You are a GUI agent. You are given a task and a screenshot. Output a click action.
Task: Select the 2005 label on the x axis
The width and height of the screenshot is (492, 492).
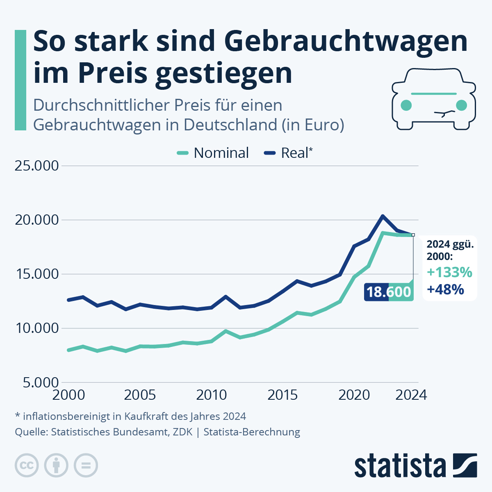pos(140,395)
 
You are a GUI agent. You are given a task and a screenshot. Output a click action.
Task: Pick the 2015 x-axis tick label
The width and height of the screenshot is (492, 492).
pos(282,395)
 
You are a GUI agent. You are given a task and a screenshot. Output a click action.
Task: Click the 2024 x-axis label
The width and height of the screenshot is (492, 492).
pos(411,395)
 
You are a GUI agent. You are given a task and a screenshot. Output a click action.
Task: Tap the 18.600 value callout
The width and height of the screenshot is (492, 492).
pos(388,292)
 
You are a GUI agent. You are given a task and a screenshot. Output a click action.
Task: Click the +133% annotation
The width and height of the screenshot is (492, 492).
pos(449,272)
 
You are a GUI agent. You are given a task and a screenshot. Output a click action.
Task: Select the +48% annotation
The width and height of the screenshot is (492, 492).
pos(445,289)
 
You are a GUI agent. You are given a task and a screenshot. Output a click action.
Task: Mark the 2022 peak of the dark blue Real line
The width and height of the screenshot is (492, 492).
pos(383,216)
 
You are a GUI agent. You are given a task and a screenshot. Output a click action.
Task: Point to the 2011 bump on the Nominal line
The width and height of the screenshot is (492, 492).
pos(226,331)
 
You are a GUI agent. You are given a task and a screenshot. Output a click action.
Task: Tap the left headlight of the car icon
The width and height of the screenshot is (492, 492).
pos(406,105)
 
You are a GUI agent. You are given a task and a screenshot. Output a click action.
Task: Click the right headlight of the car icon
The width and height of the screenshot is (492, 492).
pos(462,105)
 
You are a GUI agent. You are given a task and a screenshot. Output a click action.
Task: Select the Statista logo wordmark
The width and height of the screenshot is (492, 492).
pos(400,466)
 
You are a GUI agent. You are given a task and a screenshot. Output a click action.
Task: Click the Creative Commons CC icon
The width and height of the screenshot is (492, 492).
pos(27,466)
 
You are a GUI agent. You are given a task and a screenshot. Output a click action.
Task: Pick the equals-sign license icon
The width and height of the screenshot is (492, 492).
pos(86,466)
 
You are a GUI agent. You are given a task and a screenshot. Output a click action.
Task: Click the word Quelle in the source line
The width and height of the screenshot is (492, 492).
pos(31,432)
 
